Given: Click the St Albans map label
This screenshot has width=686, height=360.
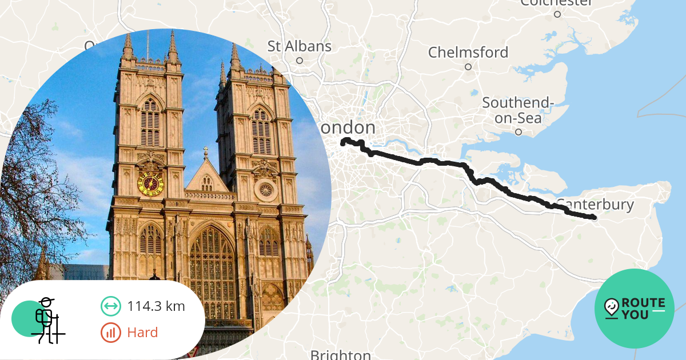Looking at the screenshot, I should coord(300,46).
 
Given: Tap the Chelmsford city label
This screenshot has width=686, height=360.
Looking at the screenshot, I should coord(468,53).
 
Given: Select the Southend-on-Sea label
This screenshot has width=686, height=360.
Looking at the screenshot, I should coord(518,110).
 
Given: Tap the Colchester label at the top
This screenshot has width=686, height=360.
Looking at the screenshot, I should coord(557,3).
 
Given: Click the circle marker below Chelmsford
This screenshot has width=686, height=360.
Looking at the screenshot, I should coord(468,67).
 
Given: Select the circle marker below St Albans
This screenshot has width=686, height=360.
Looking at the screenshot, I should coord(299,60).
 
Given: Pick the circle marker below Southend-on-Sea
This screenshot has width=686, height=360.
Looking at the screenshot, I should coord(519,132).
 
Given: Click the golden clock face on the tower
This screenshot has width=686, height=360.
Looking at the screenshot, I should coord(151,183).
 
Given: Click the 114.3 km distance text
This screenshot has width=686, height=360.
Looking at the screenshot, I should coord(156,306).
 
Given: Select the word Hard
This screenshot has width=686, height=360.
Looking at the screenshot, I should coord(142,332).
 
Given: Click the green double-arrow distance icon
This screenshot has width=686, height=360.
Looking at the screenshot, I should coord(110,306).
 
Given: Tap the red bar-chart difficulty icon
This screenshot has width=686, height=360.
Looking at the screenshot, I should coord(110,332).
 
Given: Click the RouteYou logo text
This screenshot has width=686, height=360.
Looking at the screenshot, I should coord(643,309).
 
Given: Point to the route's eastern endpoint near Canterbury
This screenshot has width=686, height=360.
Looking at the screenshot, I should coord(594,217).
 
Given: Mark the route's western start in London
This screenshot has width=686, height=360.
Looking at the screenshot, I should coord(343,143).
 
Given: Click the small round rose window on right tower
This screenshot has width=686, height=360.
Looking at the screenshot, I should coord(265,189).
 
